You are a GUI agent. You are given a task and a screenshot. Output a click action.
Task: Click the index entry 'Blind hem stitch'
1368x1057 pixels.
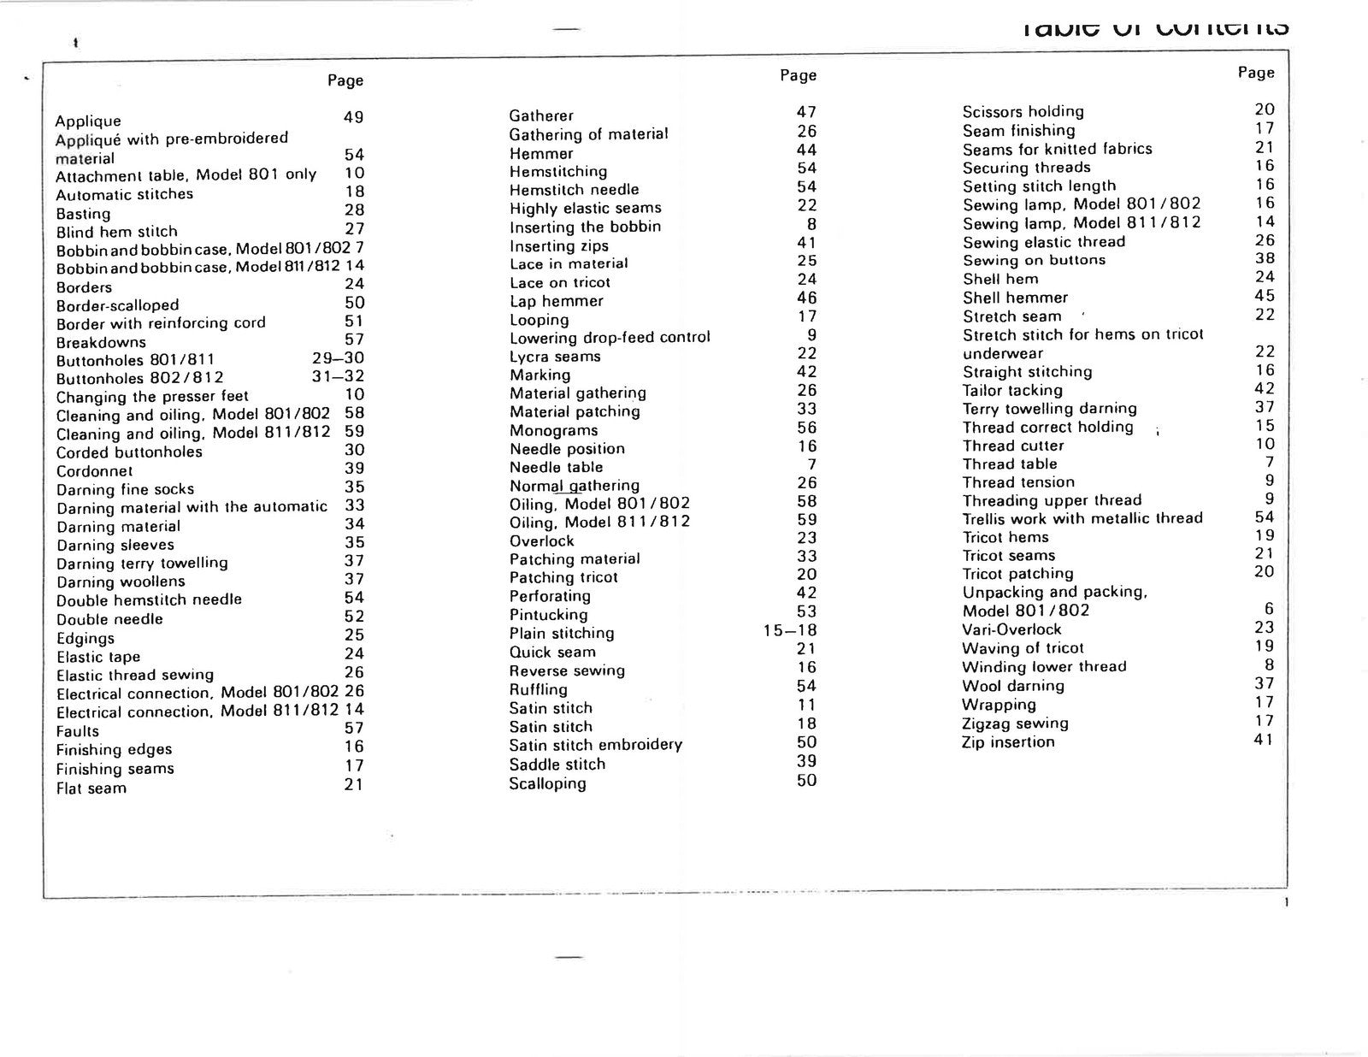(116, 232)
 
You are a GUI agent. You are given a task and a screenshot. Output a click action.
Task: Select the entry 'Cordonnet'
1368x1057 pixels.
(94, 471)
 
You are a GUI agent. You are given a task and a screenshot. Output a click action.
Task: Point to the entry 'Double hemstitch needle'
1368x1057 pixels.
(149, 600)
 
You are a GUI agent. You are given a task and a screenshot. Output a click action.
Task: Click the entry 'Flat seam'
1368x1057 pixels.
(91, 788)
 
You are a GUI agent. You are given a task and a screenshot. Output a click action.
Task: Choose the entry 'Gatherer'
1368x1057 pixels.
(541, 115)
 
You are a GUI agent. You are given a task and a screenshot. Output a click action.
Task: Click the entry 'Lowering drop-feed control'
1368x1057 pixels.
(610, 337)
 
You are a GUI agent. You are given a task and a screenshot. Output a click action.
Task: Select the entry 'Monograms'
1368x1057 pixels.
(553, 430)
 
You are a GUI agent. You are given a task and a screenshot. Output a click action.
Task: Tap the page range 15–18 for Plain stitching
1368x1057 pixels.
(790, 631)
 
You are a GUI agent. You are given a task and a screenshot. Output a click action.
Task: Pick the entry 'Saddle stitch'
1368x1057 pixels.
(557, 765)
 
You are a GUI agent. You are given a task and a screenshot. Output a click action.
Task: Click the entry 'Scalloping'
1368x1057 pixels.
(547, 783)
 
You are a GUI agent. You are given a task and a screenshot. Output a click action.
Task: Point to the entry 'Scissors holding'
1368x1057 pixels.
(1023, 111)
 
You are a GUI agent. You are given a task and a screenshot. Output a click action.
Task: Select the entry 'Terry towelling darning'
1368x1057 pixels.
(1049, 409)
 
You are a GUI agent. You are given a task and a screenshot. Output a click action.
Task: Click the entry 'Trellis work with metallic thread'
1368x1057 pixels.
(1082, 518)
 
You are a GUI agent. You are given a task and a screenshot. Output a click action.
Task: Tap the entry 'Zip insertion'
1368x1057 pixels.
(1008, 741)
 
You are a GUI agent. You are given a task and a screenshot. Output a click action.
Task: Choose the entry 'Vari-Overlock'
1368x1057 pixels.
(1011, 629)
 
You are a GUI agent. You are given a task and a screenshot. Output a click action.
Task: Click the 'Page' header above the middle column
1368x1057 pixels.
(798, 75)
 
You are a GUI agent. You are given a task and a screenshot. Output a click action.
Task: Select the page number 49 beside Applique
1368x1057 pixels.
(353, 117)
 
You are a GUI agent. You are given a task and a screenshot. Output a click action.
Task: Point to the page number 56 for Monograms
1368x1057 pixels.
(806, 428)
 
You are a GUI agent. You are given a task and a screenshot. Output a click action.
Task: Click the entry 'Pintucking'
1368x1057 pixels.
(548, 615)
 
